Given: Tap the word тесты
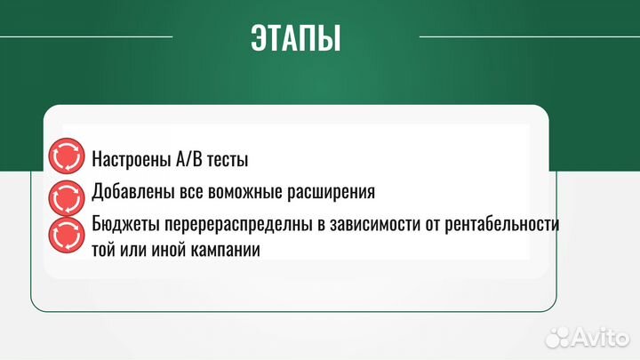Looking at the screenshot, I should click(229, 161).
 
